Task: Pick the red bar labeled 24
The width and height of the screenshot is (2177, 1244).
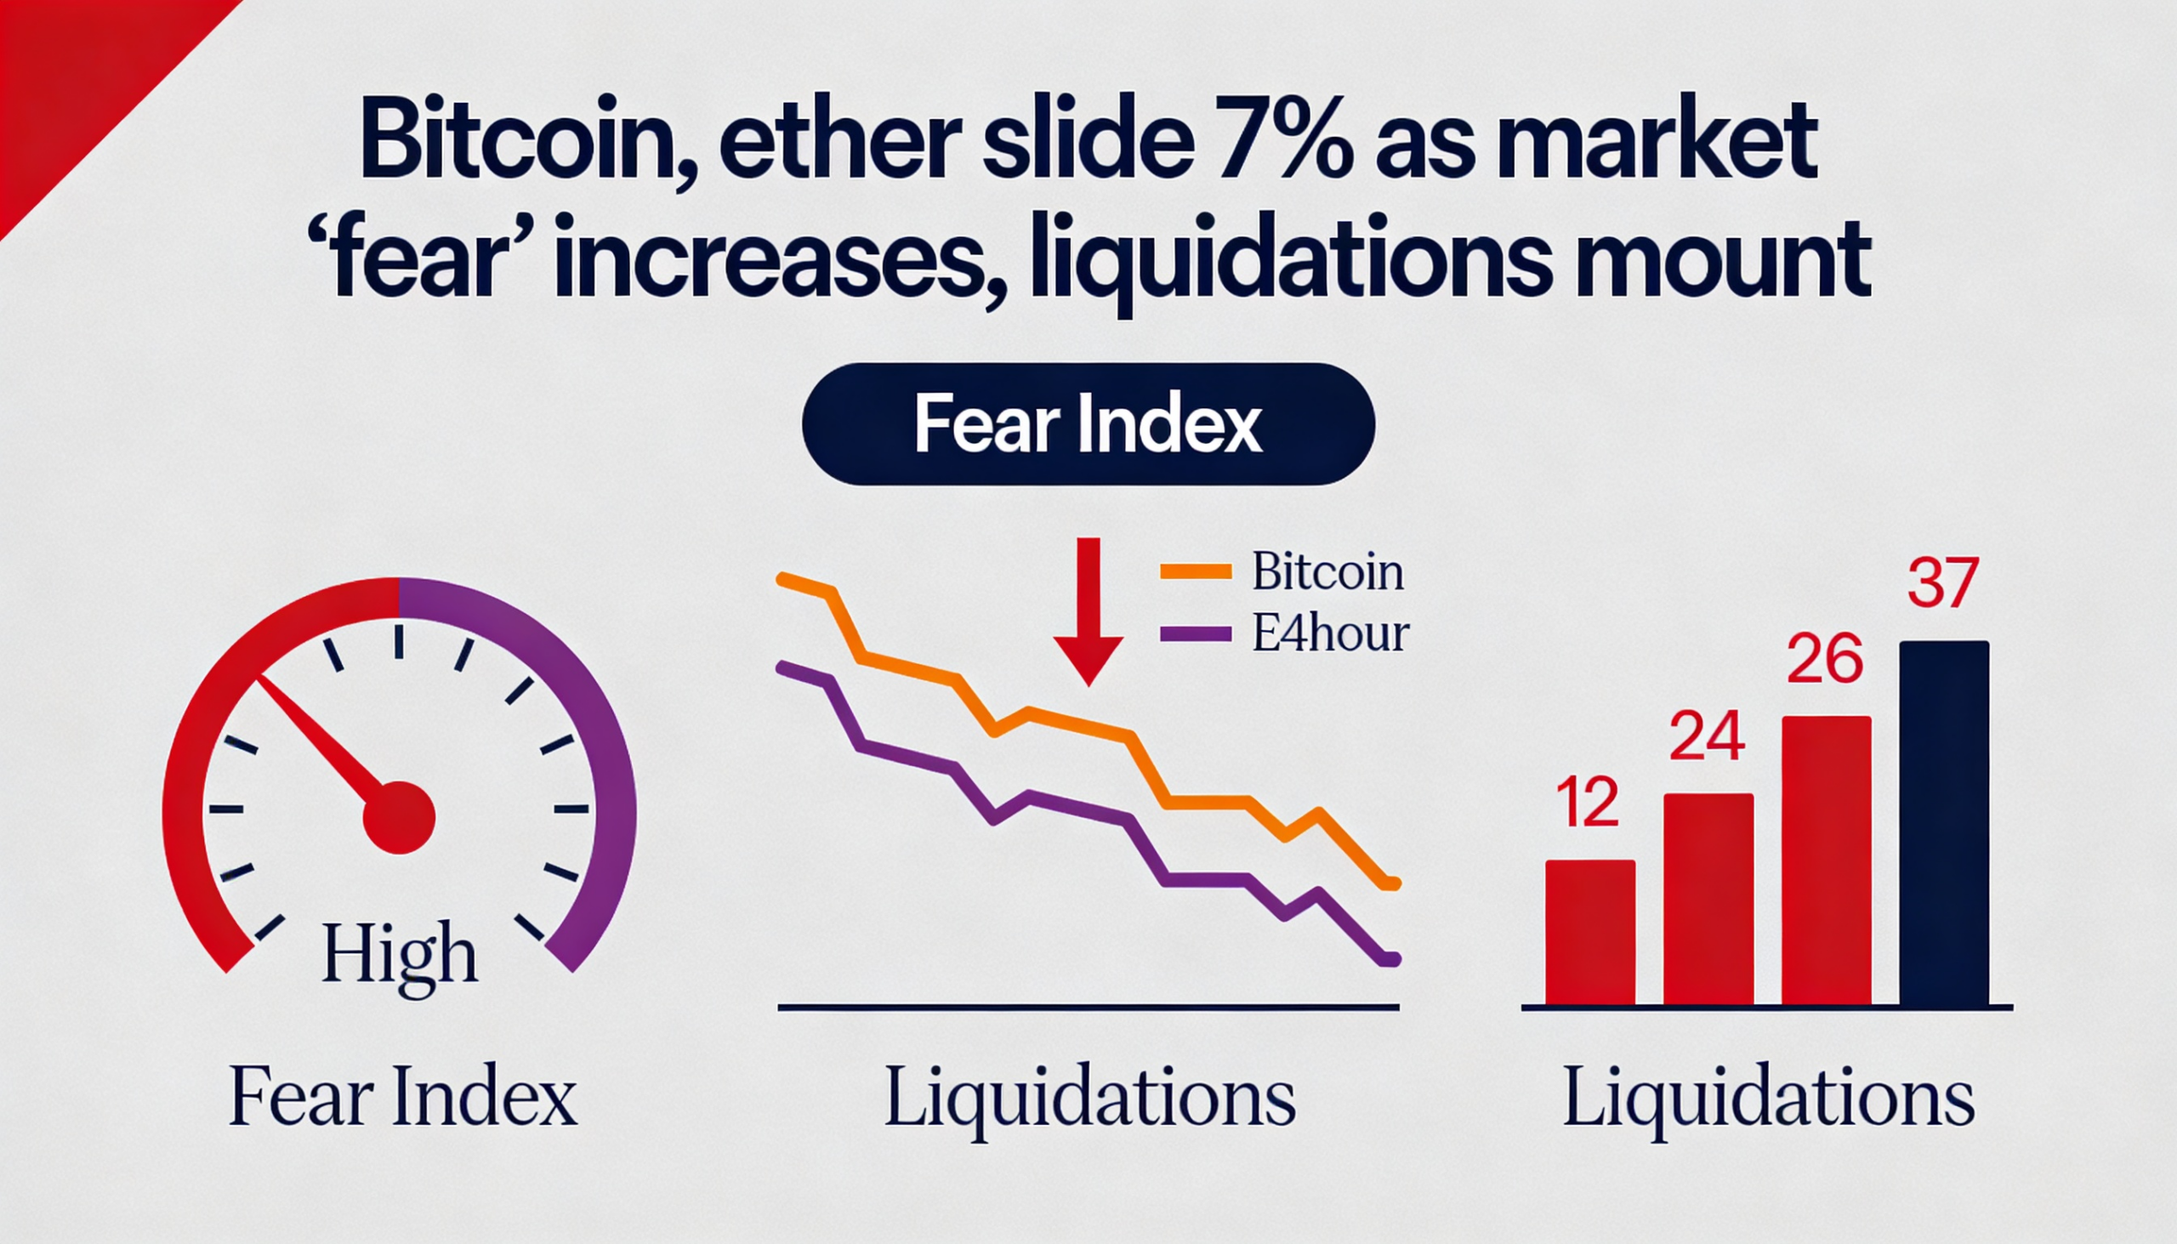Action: [1708, 899]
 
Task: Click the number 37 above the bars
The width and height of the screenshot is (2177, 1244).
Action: [1943, 583]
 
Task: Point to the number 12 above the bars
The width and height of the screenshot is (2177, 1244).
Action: [1588, 804]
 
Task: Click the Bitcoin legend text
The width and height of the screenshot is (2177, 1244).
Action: [1327, 572]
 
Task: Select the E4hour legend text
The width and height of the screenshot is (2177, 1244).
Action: [1330, 635]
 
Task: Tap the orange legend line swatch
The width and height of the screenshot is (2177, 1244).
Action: [1196, 572]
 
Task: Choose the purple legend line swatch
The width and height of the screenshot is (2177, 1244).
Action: [1196, 635]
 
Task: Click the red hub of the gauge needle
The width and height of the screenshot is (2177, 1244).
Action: [399, 817]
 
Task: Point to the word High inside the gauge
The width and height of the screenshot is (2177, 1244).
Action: [399, 956]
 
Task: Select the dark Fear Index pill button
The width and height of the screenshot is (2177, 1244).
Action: [1088, 424]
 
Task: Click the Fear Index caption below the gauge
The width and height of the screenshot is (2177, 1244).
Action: [403, 1096]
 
